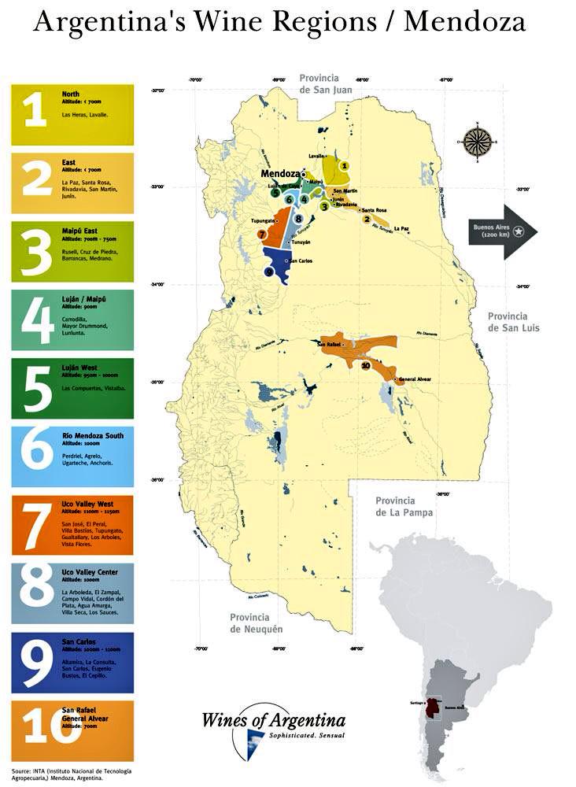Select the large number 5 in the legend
(35, 388)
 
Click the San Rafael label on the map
(328, 344)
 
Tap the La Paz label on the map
(401, 228)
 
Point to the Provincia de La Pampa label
(404, 506)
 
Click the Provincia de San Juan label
(319, 83)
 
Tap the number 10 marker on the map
(365, 366)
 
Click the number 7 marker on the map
(261, 234)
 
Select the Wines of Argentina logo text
(273, 719)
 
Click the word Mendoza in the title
(464, 22)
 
